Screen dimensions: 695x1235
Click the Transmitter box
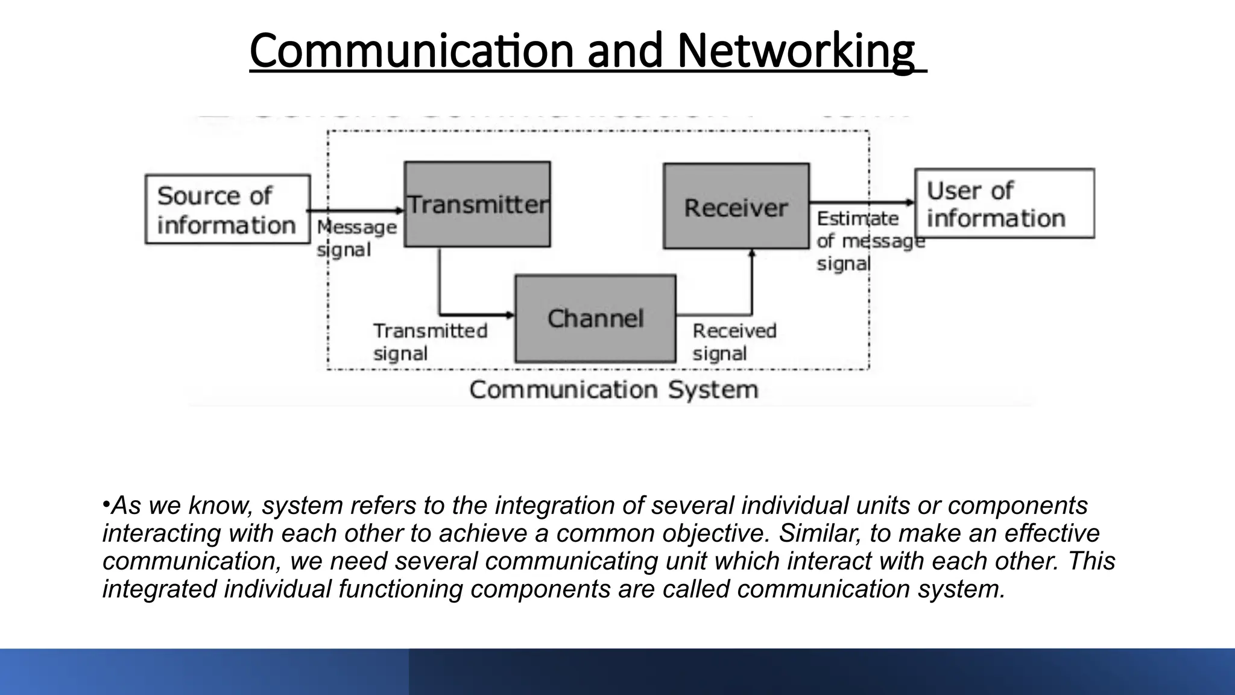tap(477, 204)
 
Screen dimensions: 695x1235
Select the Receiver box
tap(736, 206)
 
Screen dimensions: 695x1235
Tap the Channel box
tap(595, 319)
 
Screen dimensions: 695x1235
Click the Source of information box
tap(227, 209)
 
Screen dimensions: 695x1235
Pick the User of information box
tap(1004, 203)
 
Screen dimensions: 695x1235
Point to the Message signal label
tap(356, 238)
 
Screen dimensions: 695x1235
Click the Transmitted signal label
tap(430, 341)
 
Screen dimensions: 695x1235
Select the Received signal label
tap(734, 341)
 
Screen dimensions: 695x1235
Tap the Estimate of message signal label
tap(868, 241)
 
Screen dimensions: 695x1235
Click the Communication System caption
tap(613, 389)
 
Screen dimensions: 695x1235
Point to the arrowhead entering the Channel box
tap(510, 315)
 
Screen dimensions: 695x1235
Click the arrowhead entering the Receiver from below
tap(751, 254)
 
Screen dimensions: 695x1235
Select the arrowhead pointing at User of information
tap(910, 203)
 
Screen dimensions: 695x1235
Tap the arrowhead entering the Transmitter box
tap(399, 211)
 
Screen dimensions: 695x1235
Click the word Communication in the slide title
tap(411, 51)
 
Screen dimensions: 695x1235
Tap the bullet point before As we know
tap(106, 503)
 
